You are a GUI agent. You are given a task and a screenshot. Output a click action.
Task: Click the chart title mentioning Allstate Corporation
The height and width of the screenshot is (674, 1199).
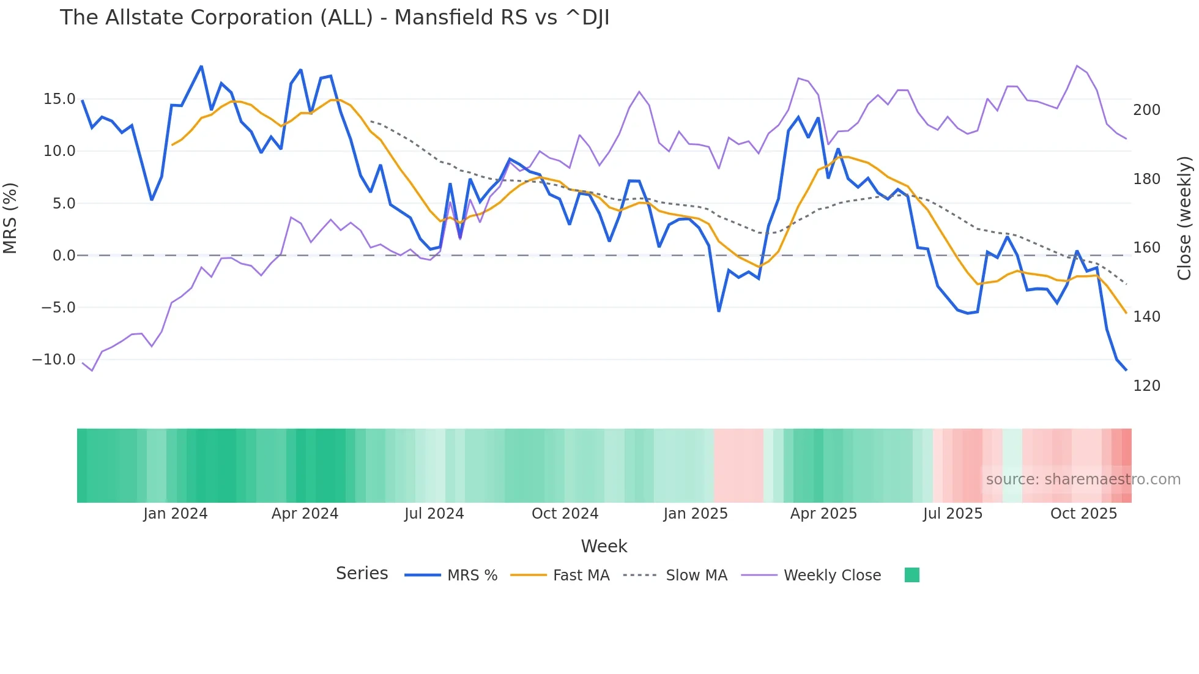coord(334,18)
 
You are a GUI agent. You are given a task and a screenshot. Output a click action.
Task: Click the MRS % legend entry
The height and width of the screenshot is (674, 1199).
coord(451,576)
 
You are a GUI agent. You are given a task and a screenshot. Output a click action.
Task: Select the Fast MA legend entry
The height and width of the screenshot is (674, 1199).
coord(560,576)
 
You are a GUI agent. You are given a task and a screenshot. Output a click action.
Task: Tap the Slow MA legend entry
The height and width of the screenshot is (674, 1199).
coord(675,576)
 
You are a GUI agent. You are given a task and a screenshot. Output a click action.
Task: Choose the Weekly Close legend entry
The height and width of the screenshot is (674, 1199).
coord(811,576)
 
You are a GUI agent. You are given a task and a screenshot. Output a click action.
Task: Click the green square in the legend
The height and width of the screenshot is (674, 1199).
coord(911,575)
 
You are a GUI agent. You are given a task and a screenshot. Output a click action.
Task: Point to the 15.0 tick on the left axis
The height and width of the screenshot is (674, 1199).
coord(59,99)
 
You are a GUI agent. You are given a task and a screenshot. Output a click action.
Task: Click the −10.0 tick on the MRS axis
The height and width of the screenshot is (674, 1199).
coord(54,360)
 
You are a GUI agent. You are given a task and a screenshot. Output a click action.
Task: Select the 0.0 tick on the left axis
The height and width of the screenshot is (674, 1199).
coord(64,256)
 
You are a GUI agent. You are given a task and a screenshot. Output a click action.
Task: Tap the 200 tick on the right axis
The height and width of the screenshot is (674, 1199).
coord(1146,110)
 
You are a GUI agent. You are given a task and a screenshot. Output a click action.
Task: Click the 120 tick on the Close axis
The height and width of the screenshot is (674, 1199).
coord(1146,386)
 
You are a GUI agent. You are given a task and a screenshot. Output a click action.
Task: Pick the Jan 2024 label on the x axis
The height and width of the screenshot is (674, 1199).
coord(176,514)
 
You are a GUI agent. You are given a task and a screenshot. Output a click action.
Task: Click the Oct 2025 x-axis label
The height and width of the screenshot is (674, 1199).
coord(1083,514)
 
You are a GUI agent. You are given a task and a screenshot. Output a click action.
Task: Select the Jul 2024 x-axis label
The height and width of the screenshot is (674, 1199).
coord(434,514)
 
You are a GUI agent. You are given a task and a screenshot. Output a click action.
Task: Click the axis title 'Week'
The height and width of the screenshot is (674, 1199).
coord(604,546)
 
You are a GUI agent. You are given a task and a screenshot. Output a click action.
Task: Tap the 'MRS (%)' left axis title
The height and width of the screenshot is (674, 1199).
coord(10,218)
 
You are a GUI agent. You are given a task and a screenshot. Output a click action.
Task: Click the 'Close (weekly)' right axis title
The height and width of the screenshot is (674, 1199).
coord(1184,218)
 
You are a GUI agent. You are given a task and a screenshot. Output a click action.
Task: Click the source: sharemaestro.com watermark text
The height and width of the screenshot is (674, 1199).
coord(1083,480)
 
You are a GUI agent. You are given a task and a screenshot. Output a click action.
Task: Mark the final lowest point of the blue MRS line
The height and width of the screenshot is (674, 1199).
coord(1126,369)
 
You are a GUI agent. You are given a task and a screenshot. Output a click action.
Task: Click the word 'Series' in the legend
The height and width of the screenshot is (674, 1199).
coord(362,574)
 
